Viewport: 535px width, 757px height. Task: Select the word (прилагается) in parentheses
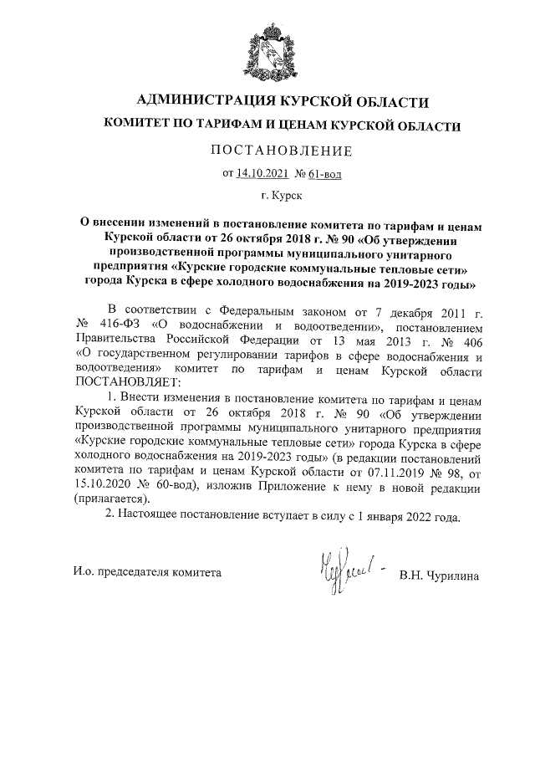point(110,499)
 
